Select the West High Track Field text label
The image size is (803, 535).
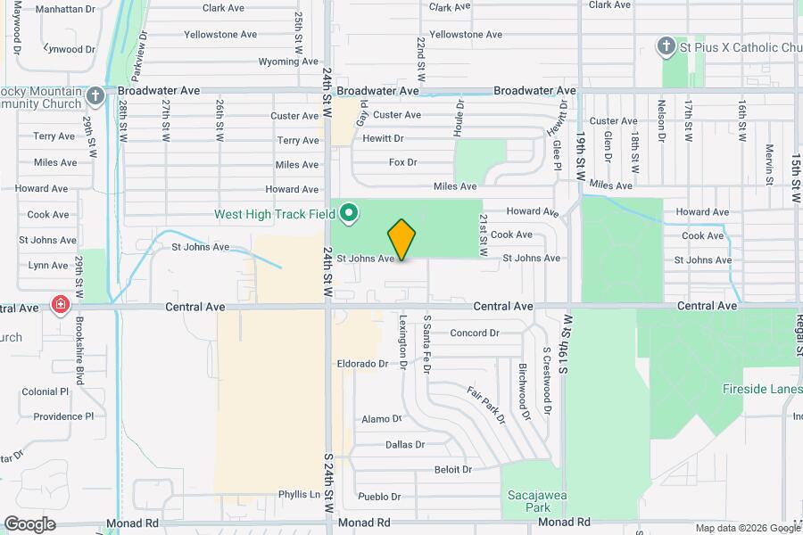[x=274, y=214]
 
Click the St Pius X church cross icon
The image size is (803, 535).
[x=665, y=45]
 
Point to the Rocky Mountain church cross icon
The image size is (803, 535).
[x=97, y=93]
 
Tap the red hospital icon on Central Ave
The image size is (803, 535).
[x=61, y=306]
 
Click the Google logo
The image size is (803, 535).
[x=30, y=523]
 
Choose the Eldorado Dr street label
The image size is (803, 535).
[x=363, y=364]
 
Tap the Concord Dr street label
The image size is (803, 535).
[x=475, y=333]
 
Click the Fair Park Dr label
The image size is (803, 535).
[x=486, y=404]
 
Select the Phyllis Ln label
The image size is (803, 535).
[x=299, y=494]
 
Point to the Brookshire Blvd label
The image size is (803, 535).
[x=79, y=350]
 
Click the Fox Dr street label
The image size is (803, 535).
[x=403, y=162]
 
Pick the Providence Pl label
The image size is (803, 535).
[x=63, y=416]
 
